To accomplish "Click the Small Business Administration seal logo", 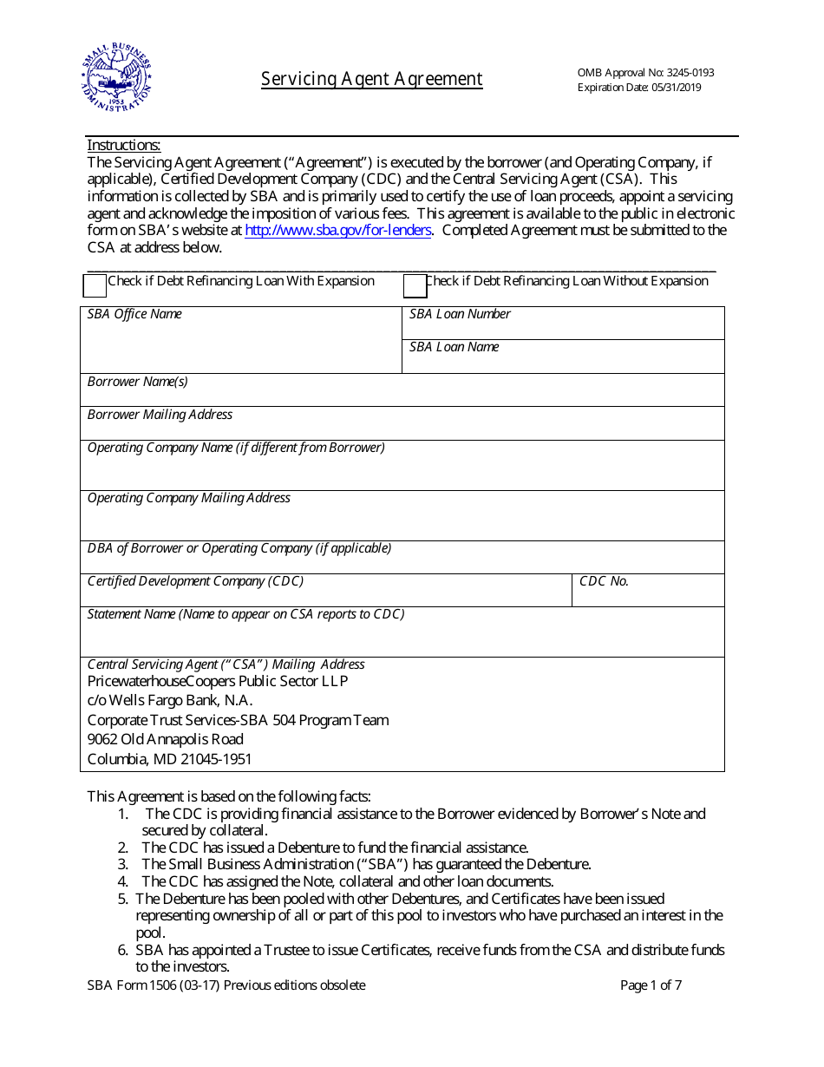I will [x=115, y=77].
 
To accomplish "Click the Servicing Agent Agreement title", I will [x=372, y=79].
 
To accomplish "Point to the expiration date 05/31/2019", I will [x=670, y=88].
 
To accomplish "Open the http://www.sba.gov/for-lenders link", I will [x=337, y=230].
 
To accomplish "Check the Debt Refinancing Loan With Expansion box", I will [x=95, y=285].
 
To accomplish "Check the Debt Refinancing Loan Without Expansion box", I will [x=415, y=285].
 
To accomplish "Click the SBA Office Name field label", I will [x=134, y=314].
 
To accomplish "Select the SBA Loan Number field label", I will [x=460, y=314].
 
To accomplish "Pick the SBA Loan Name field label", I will [x=454, y=347].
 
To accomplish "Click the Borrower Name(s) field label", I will [x=137, y=382].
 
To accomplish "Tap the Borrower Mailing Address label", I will [x=160, y=415].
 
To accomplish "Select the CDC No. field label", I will [x=604, y=581].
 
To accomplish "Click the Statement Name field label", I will [x=245, y=614].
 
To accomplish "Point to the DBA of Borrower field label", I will [x=239, y=548].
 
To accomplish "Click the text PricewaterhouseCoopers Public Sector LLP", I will [x=218, y=682].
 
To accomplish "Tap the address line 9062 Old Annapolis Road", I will [x=165, y=739].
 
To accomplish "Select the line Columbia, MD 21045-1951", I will [x=169, y=759].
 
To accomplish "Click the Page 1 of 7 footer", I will [x=651, y=985].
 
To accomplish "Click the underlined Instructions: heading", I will [x=123, y=146].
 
